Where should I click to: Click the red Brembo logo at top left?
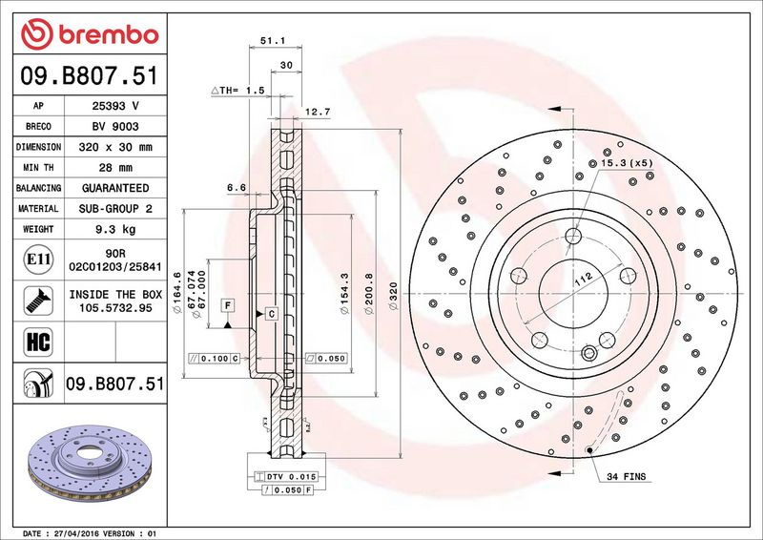pyautogui.click(x=90, y=34)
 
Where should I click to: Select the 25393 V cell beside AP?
pyautogui.click(x=115, y=106)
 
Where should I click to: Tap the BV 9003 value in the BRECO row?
pyautogui.click(x=115, y=127)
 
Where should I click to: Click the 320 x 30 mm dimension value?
pyautogui.click(x=115, y=147)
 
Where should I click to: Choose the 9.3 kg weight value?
pyautogui.click(x=115, y=229)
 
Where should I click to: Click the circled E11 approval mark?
pyautogui.click(x=38, y=260)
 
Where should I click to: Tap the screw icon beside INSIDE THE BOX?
pyautogui.click(x=38, y=301)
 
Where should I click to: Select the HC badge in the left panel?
pyautogui.click(x=38, y=342)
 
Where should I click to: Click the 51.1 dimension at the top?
pyautogui.click(x=273, y=41)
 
